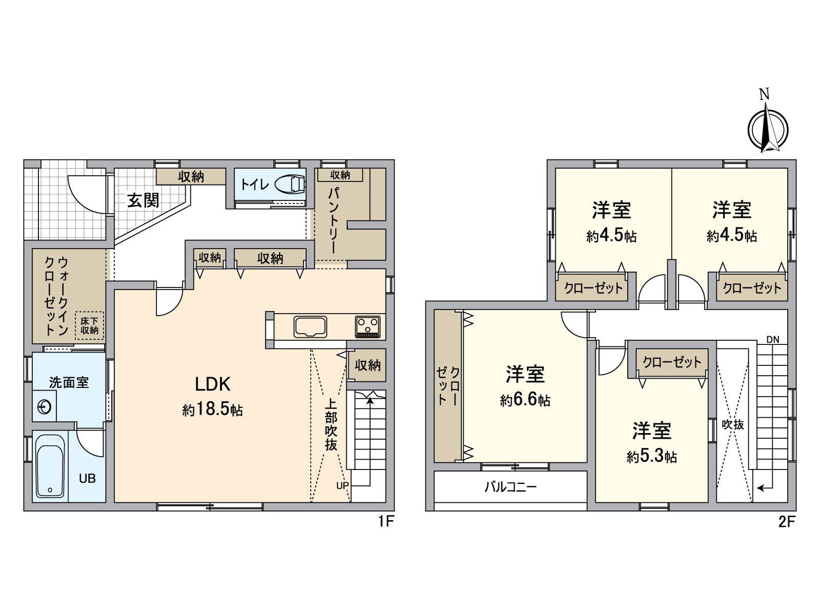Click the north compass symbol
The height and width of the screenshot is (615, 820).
[x=767, y=129]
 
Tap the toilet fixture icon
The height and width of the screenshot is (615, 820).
[x=290, y=184]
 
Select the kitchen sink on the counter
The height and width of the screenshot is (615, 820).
[x=310, y=327]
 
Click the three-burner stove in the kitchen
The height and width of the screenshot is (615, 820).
[x=367, y=326]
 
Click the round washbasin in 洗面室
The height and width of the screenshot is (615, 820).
[x=45, y=407]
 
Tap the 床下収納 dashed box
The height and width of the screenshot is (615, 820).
[x=90, y=326]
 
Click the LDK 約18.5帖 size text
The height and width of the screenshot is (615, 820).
[x=212, y=410]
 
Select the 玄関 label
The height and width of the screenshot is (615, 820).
[x=143, y=200]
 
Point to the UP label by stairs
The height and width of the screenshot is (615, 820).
[x=342, y=485]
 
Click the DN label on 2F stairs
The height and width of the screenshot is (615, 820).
[x=773, y=339]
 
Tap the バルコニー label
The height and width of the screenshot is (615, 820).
[x=510, y=486]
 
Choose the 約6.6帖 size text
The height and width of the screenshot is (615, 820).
[x=525, y=400]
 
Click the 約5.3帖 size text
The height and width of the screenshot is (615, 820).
[x=651, y=456]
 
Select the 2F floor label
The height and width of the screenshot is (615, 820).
[x=787, y=522]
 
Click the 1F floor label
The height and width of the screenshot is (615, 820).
[x=385, y=522]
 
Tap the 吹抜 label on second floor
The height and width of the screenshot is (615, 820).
[x=732, y=424]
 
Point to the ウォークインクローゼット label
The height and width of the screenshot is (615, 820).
[x=56, y=296]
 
